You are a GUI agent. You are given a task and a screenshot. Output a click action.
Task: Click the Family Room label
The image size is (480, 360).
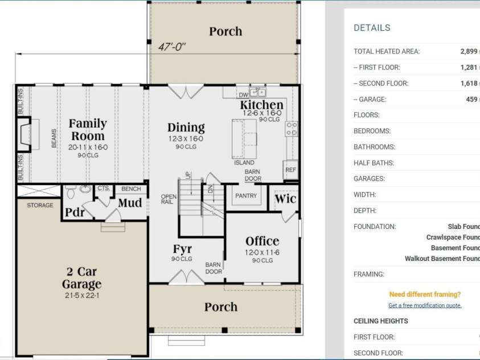tap(88, 130)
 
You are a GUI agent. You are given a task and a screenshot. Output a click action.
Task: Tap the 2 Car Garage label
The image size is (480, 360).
tap(82, 279)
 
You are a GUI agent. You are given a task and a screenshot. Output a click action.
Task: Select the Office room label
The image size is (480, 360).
tap(262, 241)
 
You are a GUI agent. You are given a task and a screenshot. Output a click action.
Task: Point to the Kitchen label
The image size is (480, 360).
tap(261, 105)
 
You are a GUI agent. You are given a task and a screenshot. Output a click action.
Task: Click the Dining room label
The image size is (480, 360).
tap(186, 128)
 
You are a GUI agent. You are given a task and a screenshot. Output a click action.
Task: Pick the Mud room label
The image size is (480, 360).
tap(130, 203)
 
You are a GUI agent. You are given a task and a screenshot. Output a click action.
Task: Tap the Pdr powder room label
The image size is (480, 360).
tap(75, 212)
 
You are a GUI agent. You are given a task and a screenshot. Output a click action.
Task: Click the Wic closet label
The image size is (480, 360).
tap(285, 199)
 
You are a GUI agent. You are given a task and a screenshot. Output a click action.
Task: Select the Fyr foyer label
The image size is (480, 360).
tap(182, 249)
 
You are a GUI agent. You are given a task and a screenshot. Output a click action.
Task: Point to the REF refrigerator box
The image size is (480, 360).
tap(290, 170)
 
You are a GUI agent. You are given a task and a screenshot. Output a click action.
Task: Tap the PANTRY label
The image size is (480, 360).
tap(246, 196)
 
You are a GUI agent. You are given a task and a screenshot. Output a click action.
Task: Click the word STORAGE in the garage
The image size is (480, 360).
tap(40, 205)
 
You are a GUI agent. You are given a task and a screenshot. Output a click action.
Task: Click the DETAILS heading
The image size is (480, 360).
tap(372, 28)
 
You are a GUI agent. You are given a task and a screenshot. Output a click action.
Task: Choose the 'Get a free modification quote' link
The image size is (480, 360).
tap(425, 305)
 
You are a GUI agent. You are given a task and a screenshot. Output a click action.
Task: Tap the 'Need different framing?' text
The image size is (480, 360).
tap(425, 294)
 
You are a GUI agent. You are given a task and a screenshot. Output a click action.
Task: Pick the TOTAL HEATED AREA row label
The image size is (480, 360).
tap(387, 51)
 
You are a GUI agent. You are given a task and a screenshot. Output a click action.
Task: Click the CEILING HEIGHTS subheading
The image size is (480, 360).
tap(380, 321)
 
